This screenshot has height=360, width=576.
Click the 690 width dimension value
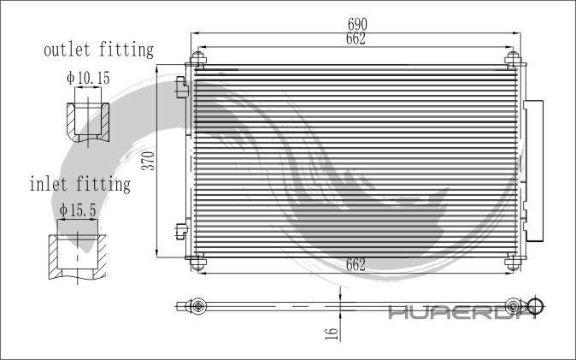pyautogui.click(x=357, y=24)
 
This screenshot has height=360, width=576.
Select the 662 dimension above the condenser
pyautogui.click(x=356, y=38)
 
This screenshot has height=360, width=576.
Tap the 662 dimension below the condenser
pyautogui.click(x=356, y=264)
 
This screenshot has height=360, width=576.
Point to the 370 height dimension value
pyautogui.click(x=149, y=160)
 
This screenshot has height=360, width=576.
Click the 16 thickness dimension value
pyautogui.click(x=332, y=333)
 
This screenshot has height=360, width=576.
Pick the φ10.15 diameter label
pyautogui.click(x=88, y=78)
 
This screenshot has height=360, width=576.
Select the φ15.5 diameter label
pyautogui.click(x=78, y=210)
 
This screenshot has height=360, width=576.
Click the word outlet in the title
pyautogui.click(x=67, y=50)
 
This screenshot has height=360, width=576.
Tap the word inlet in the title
pyautogui.click(x=48, y=184)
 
